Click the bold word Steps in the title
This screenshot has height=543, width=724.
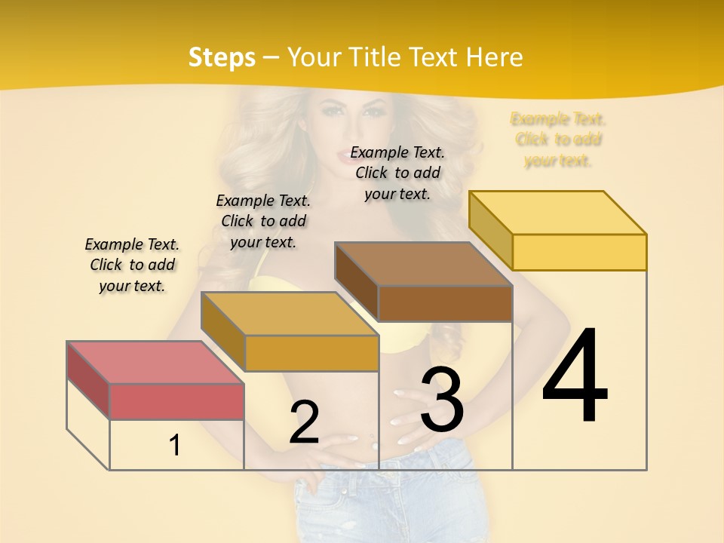(x=222, y=57)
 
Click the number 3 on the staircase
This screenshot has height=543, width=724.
(x=442, y=400)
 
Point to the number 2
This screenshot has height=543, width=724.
(x=304, y=422)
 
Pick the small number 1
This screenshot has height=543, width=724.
(x=174, y=445)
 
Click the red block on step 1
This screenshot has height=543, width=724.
(x=176, y=400)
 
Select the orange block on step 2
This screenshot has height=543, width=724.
(x=311, y=352)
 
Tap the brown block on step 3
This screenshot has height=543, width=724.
(x=444, y=303)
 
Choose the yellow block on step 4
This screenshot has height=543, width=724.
(x=578, y=251)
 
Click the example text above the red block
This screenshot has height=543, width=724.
(x=132, y=265)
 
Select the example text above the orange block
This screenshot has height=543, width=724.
(x=263, y=222)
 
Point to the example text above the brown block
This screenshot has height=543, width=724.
(x=397, y=173)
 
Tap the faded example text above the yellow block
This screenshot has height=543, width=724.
(x=558, y=140)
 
